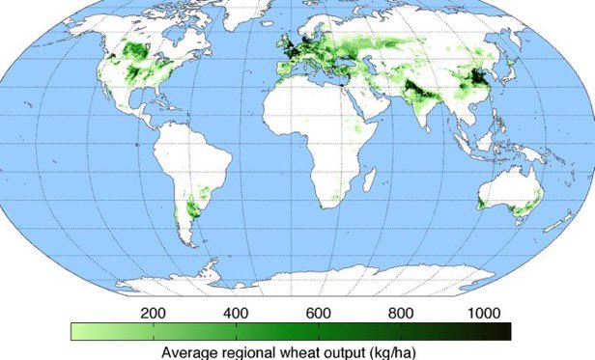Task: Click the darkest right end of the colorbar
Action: tap(504, 332)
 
